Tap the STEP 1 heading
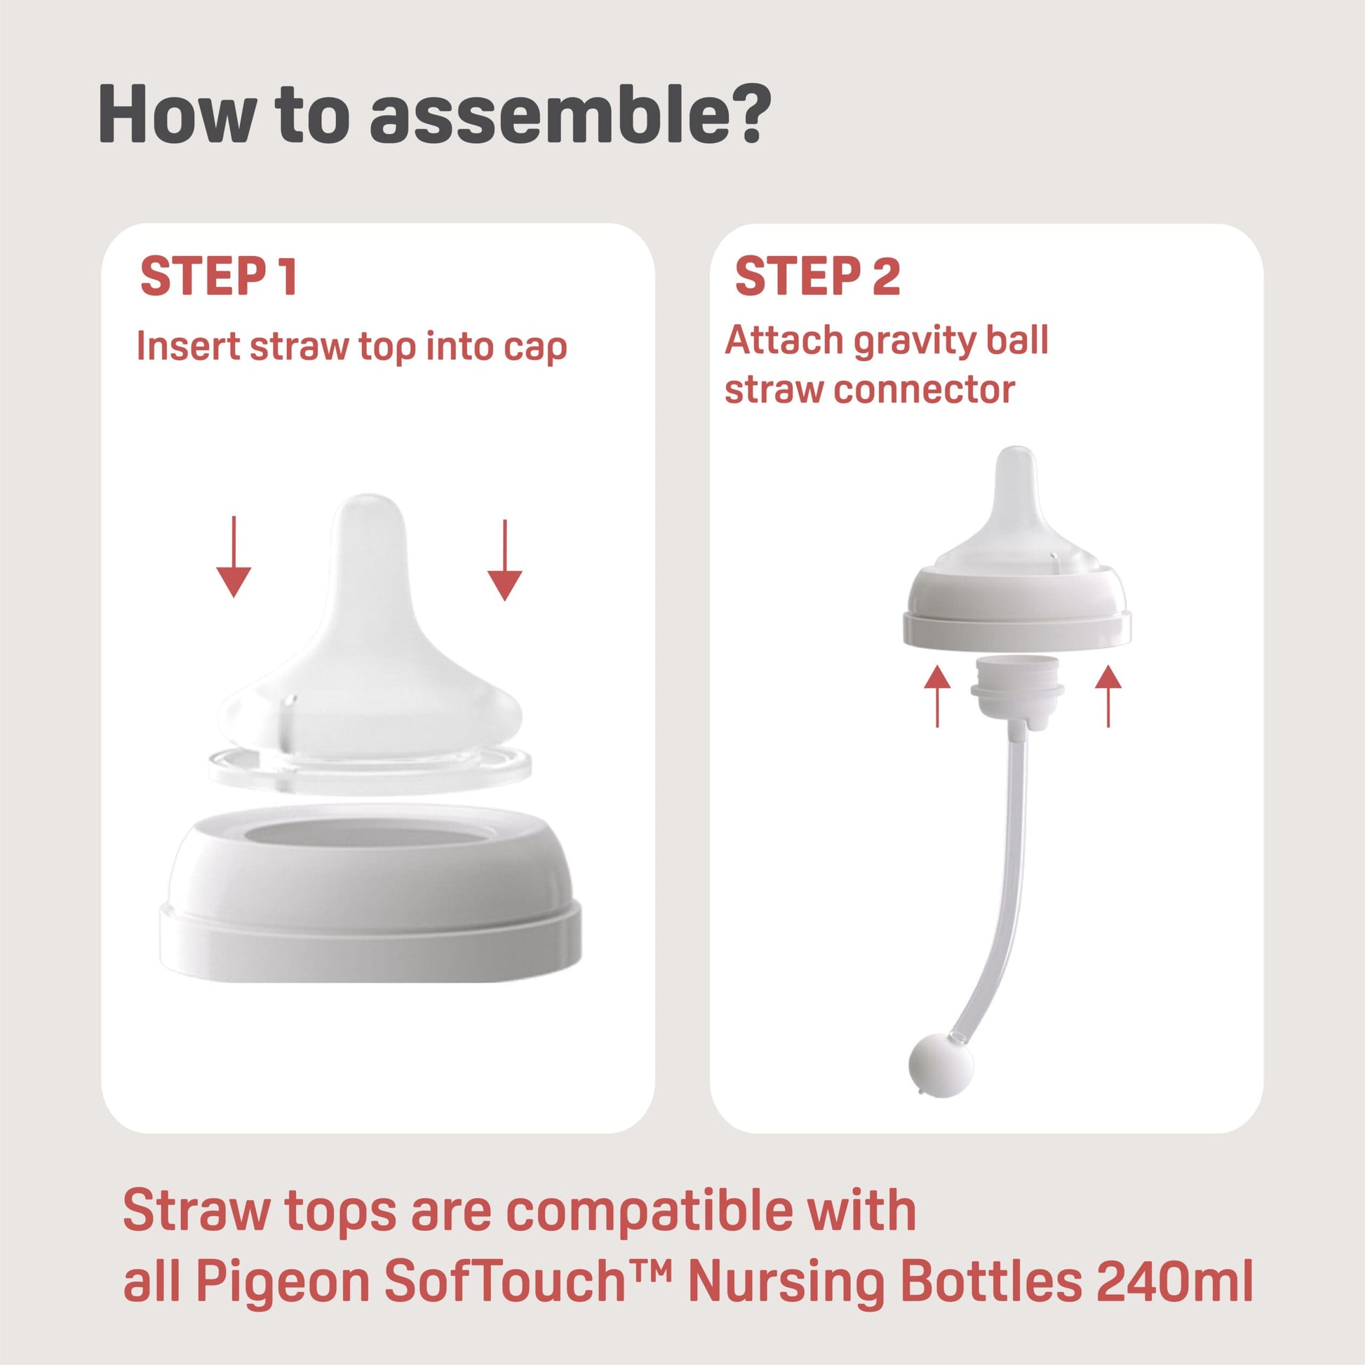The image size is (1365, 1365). click(218, 278)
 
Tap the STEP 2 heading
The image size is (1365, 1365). click(817, 278)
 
